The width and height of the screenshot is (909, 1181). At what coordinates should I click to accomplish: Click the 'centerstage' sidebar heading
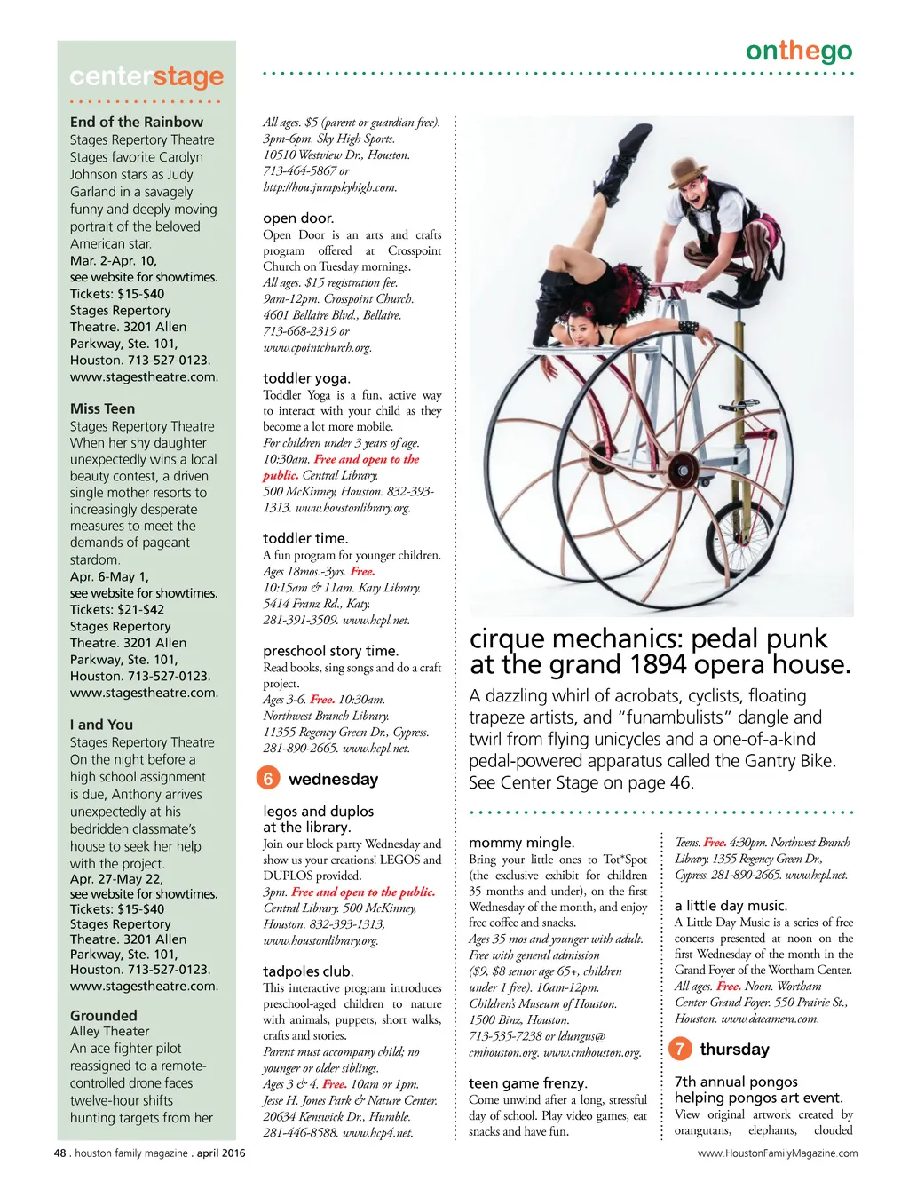click(x=146, y=77)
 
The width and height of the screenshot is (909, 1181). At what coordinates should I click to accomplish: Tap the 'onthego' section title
click(x=798, y=52)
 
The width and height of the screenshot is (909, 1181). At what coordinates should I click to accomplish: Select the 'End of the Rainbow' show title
click(x=137, y=122)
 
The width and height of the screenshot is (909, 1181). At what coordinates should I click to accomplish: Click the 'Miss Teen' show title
click(x=103, y=408)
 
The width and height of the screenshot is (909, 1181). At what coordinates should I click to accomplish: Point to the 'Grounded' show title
click(x=104, y=1015)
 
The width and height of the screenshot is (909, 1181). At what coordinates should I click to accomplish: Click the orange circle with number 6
click(x=267, y=779)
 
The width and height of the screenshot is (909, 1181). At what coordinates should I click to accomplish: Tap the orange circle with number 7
click(x=679, y=1049)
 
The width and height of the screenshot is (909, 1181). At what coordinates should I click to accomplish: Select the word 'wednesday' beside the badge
click(x=333, y=780)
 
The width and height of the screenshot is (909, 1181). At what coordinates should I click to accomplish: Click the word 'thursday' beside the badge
click(x=734, y=1050)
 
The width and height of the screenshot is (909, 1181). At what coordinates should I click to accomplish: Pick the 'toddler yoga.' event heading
click(x=306, y=378)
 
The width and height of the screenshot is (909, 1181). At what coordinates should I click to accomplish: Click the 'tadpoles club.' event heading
click(x=308, y=971)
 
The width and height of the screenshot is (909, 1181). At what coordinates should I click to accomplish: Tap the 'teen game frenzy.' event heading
click(x=527, y=1083)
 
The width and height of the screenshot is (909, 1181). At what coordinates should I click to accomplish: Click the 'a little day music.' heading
click(x=731, y=906)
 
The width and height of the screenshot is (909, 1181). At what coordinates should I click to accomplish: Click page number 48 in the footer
click(x=60, y=1153)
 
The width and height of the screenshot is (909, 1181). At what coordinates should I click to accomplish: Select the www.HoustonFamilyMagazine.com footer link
click(x=778, y=1153)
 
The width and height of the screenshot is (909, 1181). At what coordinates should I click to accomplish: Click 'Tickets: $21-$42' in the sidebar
click(x=117, y=609)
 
